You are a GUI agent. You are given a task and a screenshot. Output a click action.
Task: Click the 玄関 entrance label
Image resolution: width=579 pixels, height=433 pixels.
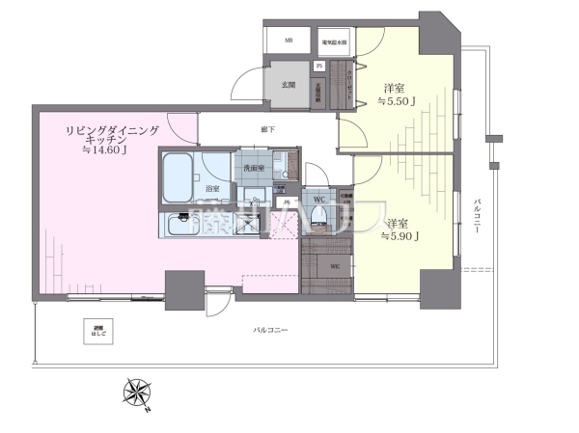(288, 84)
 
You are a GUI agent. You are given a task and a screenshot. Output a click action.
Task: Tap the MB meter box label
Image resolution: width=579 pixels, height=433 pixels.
(289, 41)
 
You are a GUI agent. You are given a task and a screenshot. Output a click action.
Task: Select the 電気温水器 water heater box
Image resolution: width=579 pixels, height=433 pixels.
(335, 41)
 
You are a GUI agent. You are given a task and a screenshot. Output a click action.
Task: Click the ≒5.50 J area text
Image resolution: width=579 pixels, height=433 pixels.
(396, 100)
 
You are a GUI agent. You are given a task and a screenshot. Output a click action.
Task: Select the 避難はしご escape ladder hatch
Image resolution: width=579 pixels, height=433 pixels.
(97, 332)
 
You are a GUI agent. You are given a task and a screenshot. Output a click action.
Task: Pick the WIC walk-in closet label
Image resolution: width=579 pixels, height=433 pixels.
(334, 265)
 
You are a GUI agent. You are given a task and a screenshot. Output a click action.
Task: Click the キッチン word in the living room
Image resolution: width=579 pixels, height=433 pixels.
(102, 138)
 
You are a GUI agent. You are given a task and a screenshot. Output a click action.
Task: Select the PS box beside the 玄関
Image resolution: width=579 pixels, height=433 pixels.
(318, 66)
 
